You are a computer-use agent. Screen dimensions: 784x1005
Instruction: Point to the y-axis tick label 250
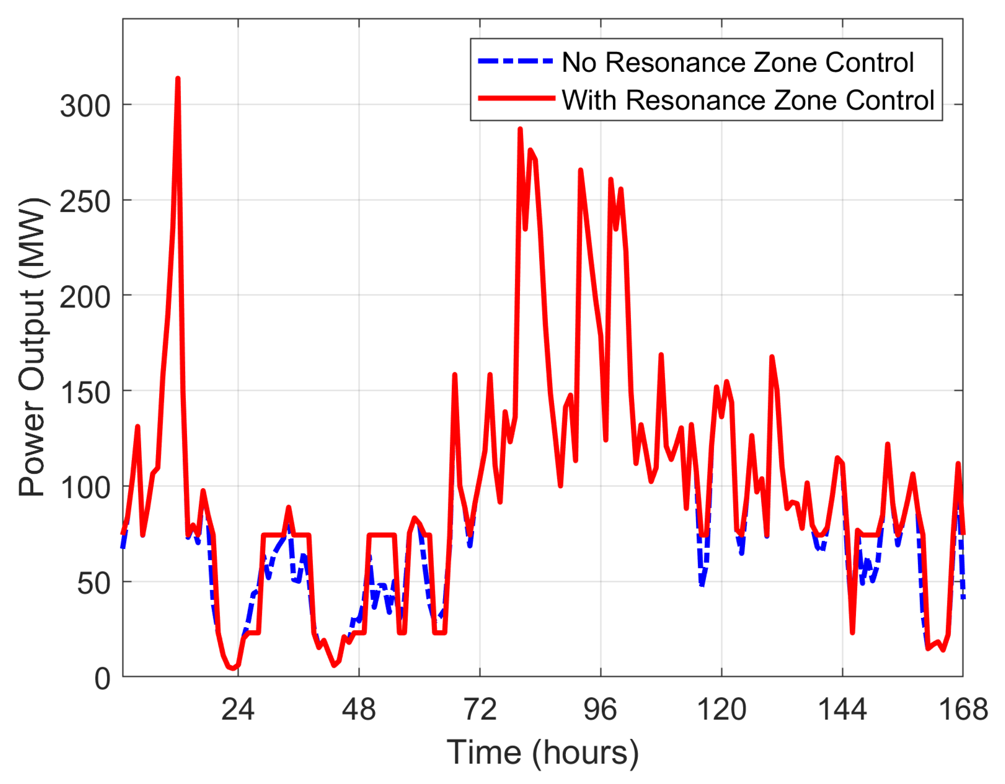pos(85,202)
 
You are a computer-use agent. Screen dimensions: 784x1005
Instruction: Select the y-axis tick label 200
pos(85,297)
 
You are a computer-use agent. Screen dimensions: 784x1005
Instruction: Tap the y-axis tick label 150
pos(85,393)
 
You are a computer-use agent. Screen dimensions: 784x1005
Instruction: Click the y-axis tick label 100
pos(85,488)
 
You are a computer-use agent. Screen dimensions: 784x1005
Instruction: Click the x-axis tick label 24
pos(238,709)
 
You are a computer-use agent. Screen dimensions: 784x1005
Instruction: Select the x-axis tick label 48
pos(359,709)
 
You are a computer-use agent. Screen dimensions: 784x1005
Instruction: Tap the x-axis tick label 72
pos(480,709)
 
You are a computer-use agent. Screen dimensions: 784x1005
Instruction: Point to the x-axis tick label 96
pos(600,709)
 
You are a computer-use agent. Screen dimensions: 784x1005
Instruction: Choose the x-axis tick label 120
pos(721,709)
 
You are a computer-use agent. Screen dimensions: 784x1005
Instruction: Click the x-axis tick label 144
pos(843,709)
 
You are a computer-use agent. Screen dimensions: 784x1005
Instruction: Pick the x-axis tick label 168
pos(963,709)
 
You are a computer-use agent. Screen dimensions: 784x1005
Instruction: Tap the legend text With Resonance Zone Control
pos(748,100)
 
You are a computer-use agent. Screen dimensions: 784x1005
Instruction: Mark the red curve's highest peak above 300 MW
pos(178,79)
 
